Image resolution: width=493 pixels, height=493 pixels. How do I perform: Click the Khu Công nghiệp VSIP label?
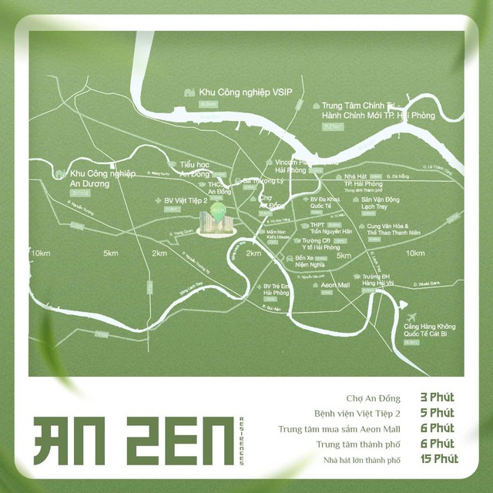(236, 91)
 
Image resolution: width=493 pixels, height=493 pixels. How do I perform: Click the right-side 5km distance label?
(344, 256)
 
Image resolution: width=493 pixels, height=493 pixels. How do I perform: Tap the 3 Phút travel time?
(437, 397)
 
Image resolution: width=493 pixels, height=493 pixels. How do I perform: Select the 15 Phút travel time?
(438, 459)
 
